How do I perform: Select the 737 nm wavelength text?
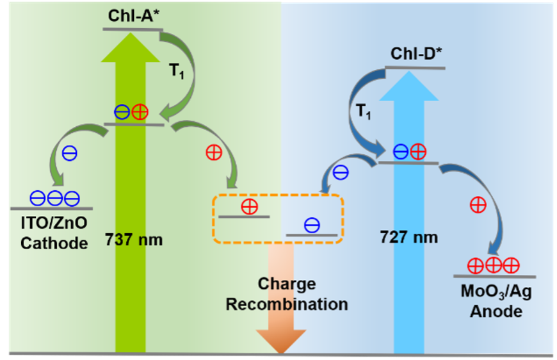[134, 240]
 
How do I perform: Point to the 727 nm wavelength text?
[408, 237]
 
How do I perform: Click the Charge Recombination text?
[287, 293]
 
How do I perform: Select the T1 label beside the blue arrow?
[364, 112]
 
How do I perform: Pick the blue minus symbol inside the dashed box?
[312, 225]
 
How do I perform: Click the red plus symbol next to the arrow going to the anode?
[478, 205]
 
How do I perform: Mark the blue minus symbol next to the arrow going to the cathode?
[69, 154]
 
